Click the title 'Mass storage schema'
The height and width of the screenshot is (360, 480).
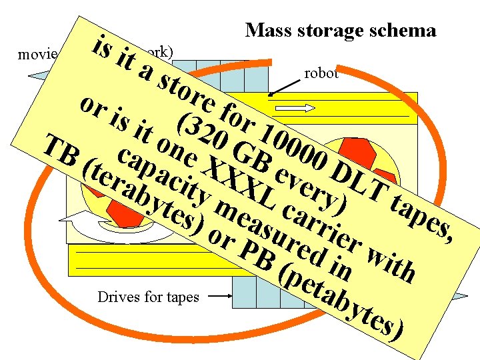click(340, 30)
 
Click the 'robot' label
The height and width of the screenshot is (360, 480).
click(321, 73)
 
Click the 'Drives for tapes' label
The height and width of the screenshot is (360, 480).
click(147, 296)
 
